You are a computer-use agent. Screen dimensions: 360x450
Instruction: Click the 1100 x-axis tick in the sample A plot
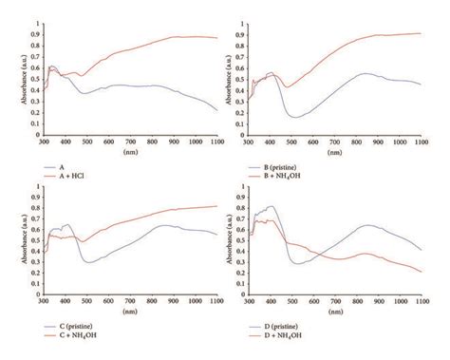click(x=216, y=142)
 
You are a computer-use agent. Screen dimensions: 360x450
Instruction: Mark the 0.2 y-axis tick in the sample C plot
click(x=34, y=274)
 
